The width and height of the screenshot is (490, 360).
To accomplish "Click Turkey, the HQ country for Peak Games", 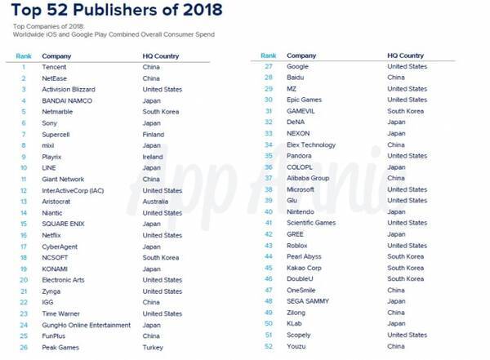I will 153,348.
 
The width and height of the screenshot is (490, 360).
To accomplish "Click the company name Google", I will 297,66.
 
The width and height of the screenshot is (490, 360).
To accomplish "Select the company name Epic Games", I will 305,100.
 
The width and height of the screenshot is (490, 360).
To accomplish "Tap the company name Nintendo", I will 301,211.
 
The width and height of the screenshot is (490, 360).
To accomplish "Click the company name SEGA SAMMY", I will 308,301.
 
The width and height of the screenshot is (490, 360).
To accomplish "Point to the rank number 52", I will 268,346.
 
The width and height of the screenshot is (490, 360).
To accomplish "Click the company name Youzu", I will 296,346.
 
